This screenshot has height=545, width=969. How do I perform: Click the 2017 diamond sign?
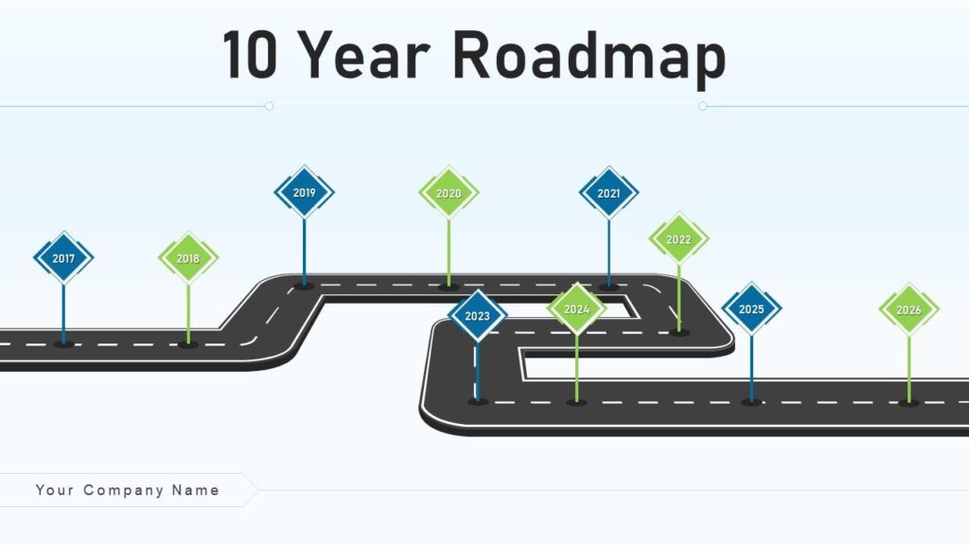[x=63, y=258]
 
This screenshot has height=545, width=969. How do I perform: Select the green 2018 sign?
[x=188, y=258]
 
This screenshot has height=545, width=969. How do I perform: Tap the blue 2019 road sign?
[x=304, y=192]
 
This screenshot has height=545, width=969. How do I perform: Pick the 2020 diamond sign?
[x=449, y=193]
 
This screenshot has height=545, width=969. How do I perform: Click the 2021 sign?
[x=608, y=193]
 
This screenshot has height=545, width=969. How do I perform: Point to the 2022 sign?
[x=678, y=239]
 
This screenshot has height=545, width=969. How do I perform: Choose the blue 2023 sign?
[x=478, y=316]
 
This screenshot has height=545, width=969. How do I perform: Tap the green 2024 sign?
[x=576, y=309]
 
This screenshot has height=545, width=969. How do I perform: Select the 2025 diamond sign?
[x=751, y=309]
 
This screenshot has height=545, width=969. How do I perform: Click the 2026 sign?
[x=908, y=309]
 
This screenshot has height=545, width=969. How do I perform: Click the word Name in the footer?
[x=196, y=490]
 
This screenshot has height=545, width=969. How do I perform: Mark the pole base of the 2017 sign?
[x=63, y=343]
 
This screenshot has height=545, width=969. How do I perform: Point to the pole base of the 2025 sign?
[x=751, y=402]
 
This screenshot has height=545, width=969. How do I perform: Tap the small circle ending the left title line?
[x=269, y=106]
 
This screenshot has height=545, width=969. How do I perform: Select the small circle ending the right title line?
[x=703, y=106]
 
